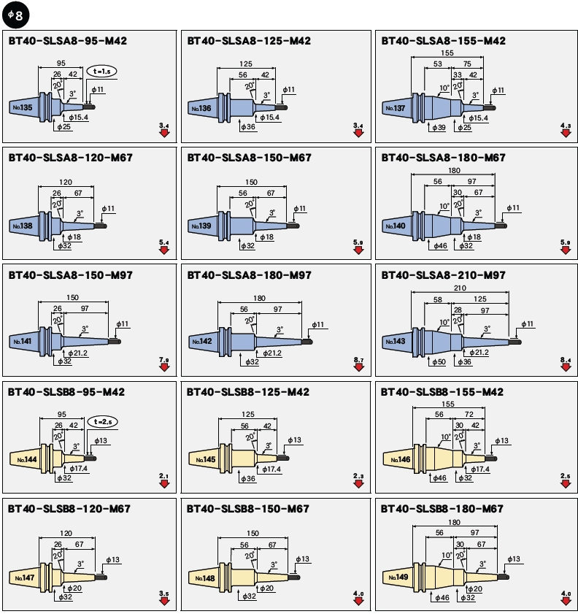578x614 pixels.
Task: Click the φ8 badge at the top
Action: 15,15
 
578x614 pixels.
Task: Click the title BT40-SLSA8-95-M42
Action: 68,41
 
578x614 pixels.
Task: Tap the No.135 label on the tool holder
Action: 23,107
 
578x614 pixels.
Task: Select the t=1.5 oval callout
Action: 101,72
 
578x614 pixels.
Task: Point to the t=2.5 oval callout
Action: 102,422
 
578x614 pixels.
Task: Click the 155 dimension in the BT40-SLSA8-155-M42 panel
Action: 447,53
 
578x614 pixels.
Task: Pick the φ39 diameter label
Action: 439,128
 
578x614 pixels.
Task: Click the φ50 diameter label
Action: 439,362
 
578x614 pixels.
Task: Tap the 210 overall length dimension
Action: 460,288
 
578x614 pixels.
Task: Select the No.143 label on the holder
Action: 396,342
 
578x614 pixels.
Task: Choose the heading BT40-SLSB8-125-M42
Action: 247,392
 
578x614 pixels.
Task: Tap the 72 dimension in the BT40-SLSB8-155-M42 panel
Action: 469,414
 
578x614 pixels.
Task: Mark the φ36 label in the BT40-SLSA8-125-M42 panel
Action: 248,127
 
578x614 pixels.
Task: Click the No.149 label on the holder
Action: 398,577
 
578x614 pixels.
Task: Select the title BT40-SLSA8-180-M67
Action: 444,158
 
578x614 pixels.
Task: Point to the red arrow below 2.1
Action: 164,484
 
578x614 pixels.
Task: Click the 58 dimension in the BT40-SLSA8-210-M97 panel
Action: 437,299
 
